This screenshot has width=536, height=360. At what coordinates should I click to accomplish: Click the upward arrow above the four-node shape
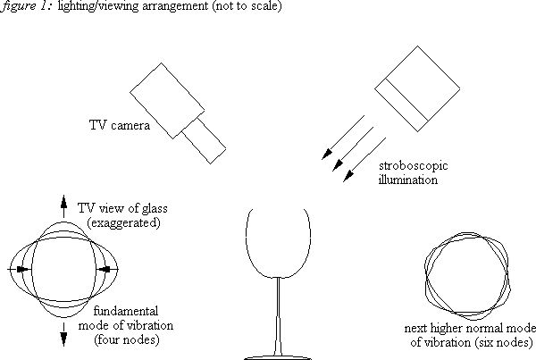(63, 204)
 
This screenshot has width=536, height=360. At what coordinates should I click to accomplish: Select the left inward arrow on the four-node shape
(20, 267)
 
